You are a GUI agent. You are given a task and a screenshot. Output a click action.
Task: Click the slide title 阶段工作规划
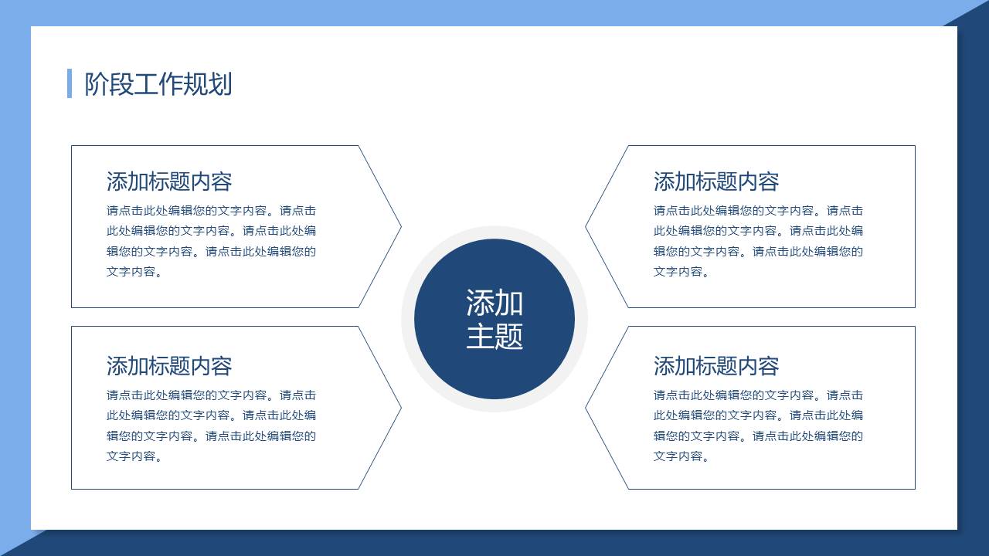pyautogui.click(x=158, y=84)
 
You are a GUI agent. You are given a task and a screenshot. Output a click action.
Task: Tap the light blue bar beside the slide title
pyautogui.click(x=70, y=83)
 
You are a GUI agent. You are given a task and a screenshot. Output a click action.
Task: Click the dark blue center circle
pyautogui.click(x=494, y=319)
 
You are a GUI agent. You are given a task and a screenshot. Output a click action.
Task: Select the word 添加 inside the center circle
pyautogui.click(x=494, y=303)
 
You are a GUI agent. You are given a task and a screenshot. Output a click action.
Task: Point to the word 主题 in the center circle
pyautogui.click(x=494, y=336)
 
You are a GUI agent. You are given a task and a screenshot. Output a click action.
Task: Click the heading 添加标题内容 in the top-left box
pyautogui.click(x=169, y=181)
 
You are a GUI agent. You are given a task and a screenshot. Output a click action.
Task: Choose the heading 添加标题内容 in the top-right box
pyautogui.click(x=716, y=181)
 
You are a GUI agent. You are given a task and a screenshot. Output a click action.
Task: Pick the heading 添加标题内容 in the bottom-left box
pyautogui.click(x=169, y=366)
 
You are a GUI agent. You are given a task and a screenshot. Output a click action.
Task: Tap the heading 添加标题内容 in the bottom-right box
pyautogui.click(x=716, y=366)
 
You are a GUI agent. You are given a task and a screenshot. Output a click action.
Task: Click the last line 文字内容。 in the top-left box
pyautogui.click(x=134, y=271)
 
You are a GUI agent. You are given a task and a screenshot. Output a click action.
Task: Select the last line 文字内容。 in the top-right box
pyautogui.click(x=681, y=271)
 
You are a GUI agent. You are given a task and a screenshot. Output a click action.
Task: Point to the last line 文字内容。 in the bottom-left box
pyautogui.click(x=134, y=456)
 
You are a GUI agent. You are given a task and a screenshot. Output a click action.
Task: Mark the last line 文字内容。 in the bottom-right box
pyautogui.click(x=681, y=456)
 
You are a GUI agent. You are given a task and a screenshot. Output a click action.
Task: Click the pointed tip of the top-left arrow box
pyautogui.click(x=401, y=227)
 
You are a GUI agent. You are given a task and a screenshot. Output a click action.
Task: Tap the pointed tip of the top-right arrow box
pyautogui.click(x=586, y=227)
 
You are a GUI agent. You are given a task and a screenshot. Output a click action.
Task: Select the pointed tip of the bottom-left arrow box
pyautogui.click(x=401, y=408)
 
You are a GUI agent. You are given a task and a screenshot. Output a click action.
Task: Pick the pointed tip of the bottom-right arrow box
pyautogui.click(x=586, y=408)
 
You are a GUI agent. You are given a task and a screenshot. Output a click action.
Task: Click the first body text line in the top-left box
pyautogui.click(x=211, y=211)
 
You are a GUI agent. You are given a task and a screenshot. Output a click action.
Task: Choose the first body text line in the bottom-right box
pyautogui.click(x=758, y=395)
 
